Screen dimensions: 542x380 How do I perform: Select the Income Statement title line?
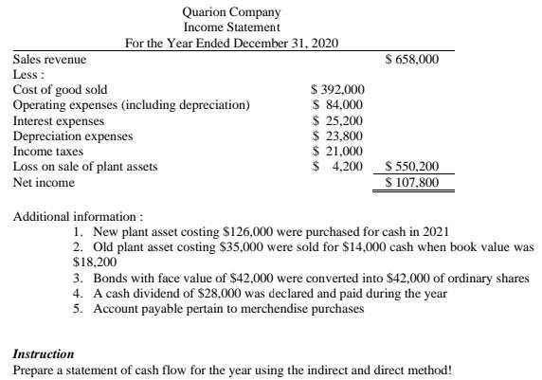(x=232, y=27)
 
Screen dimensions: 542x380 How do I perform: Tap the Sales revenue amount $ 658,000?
(x=412, y=60)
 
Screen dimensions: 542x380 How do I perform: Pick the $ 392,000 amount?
(x=338, y=90)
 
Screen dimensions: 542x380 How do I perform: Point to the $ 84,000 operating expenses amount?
(x=339, y=105)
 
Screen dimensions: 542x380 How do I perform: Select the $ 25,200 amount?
(x=339, y=120)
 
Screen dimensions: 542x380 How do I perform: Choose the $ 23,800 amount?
(x=339, y=136)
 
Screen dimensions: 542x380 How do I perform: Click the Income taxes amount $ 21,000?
(x=339, y=151)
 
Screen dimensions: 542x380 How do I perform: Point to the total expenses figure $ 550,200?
(x=412, y=167)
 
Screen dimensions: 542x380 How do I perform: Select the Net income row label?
(x=43, y=181)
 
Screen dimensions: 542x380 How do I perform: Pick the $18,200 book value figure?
(x=94, y=261)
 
